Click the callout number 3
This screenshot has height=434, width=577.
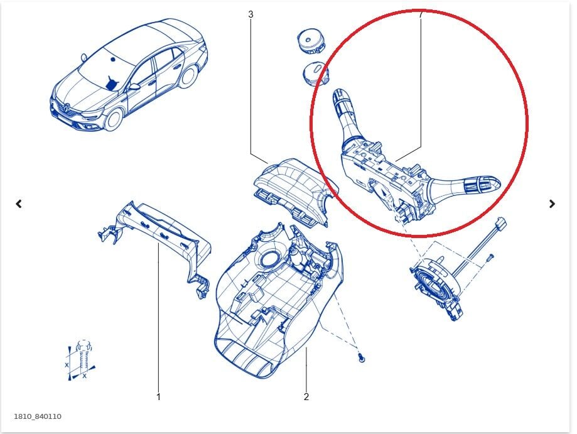click(251, 14)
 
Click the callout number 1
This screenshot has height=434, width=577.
click(158, 397)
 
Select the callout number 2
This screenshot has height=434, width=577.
click(306, 397)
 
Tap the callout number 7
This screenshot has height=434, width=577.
click(421, 14)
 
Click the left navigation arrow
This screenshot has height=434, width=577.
click(19, 203)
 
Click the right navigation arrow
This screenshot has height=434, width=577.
click(552, 203)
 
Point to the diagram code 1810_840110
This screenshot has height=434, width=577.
click(38, 416)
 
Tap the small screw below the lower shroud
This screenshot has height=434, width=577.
click(362, 357)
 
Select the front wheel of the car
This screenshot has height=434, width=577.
click(113, 119)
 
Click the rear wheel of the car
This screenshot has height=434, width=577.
click(188, 76)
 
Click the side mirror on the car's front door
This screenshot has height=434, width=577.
click(134, 87)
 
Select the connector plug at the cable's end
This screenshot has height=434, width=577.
click(500, 223)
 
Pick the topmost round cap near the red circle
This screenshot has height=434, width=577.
click(311, 41)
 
